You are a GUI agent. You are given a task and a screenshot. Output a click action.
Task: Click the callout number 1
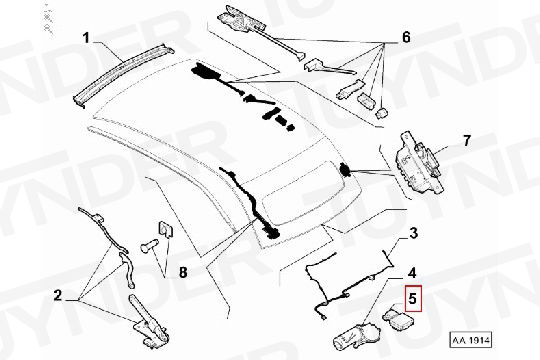(x=85, y=39)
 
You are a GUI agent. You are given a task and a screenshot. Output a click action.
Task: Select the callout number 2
(x=58, y=295)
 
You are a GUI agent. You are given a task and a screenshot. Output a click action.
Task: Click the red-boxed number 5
(x=412, y=297)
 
